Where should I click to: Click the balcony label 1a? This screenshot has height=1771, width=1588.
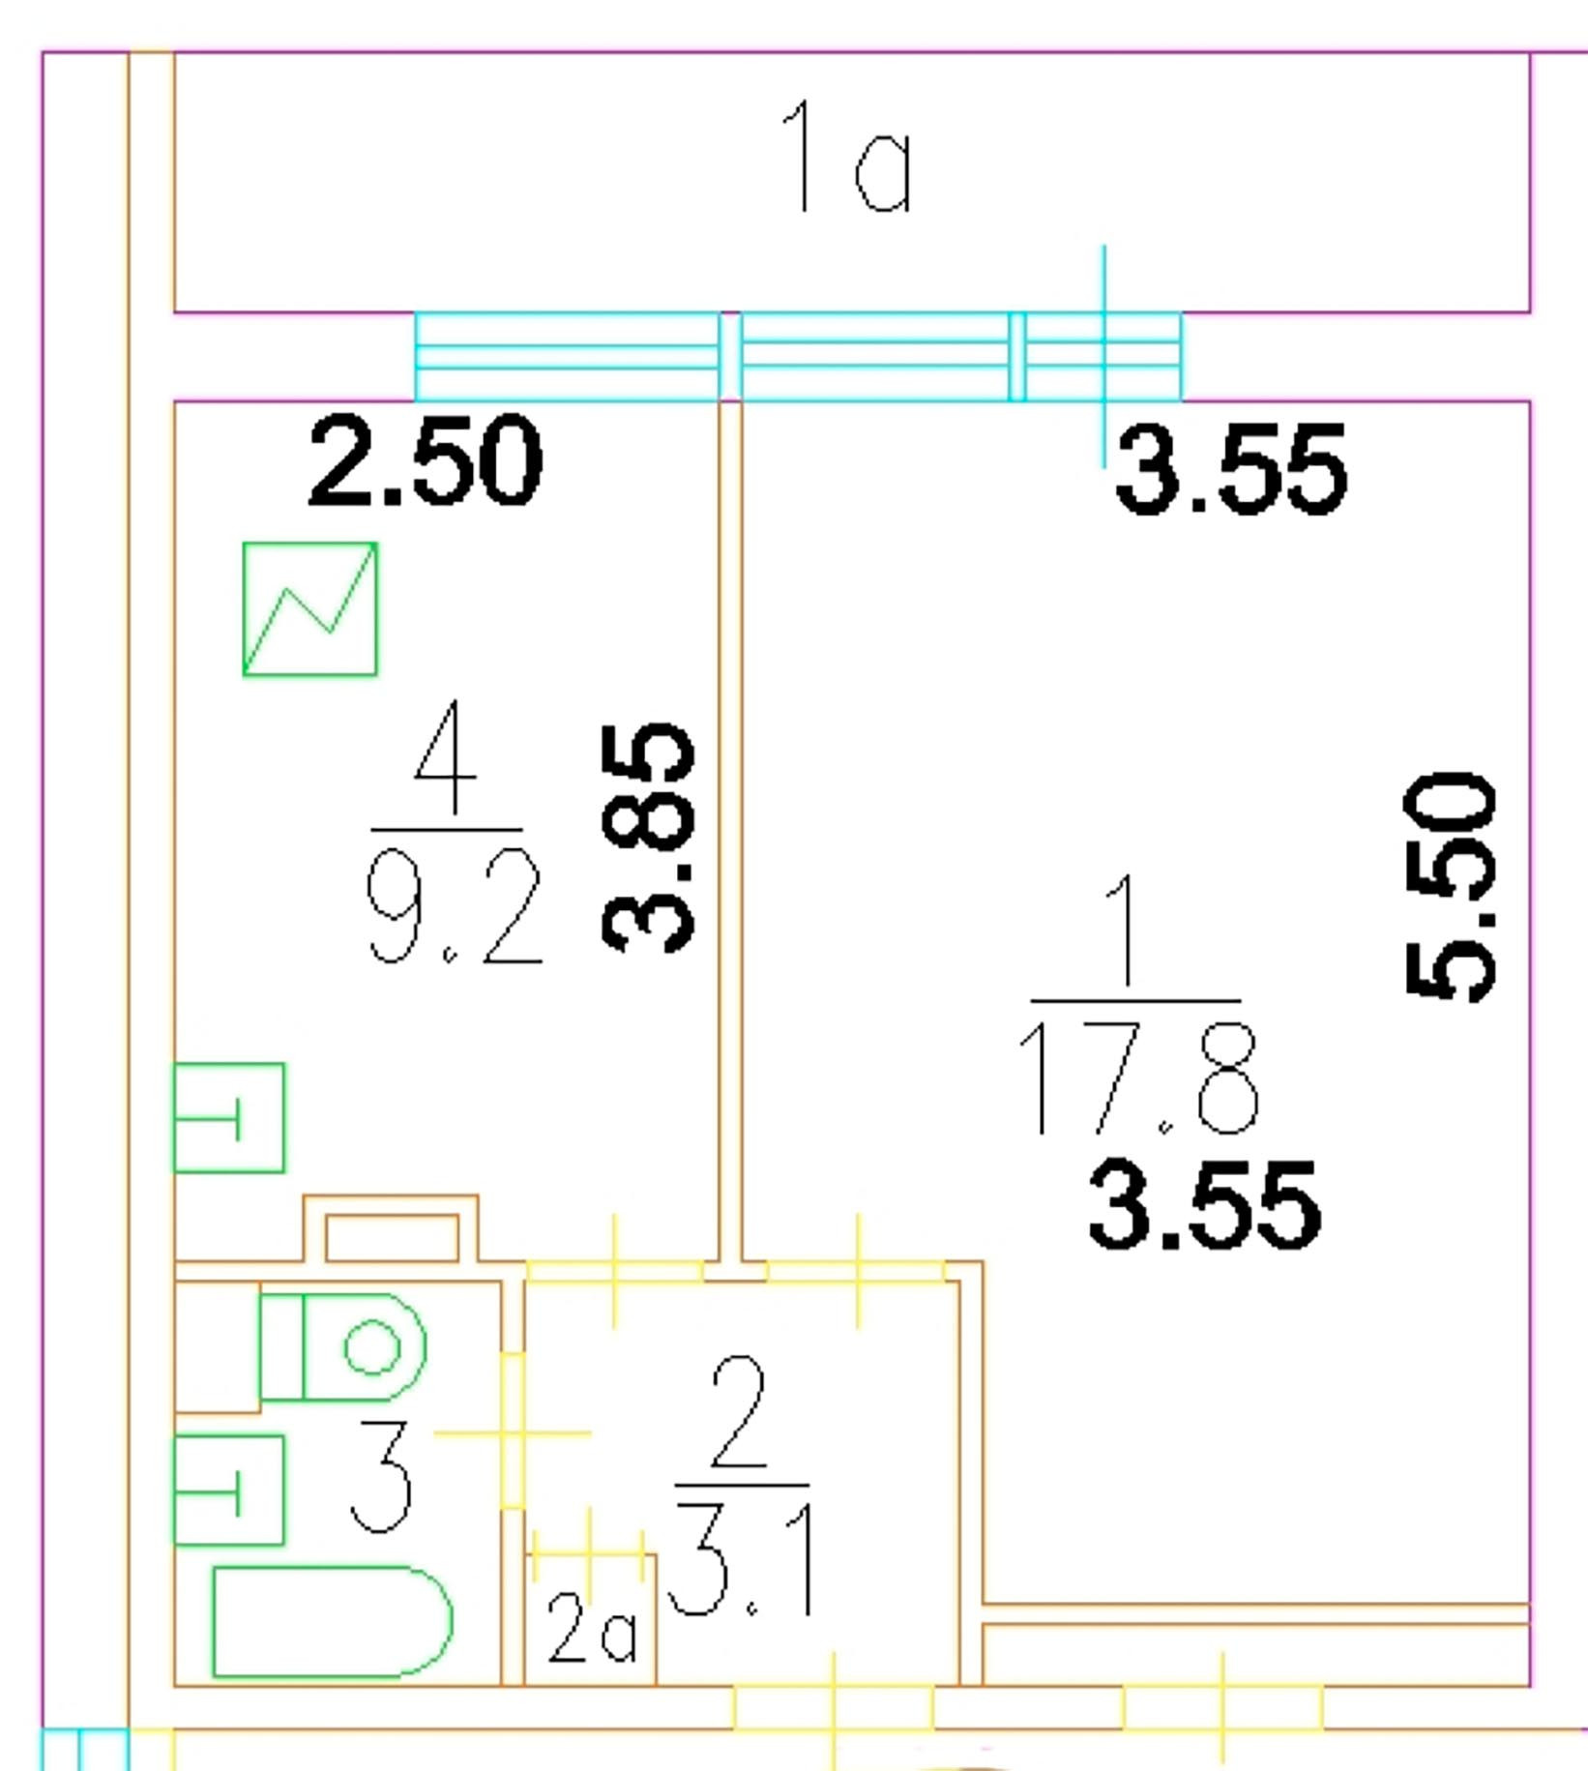(x=846, y=157)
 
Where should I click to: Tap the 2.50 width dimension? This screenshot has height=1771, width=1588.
(x=425, y=460)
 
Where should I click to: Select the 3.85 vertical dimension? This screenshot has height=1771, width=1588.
(x=647, y=838)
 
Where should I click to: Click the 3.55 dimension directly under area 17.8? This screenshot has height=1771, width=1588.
(x=1204, y=1205)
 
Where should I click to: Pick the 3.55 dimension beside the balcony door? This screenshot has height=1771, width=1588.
(x=1230, y=470)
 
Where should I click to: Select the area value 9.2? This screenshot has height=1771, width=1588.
(x=454, y=907)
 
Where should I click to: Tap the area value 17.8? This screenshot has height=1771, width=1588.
(x=1137, y=1077)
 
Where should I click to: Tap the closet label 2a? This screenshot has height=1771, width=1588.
(x=591, y=1627)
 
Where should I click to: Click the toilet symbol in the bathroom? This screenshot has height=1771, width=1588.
(x=343, y=1346)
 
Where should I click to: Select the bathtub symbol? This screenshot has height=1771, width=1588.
(x=331, y=1622)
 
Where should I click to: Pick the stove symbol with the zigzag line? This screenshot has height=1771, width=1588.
(x=309, y=609)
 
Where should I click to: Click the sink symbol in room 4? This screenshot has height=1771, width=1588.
(x=229, y=1118)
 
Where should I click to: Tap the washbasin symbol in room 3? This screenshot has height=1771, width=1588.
(x=229, y=1491)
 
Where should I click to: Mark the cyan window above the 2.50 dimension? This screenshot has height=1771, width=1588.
(x=567, y=356)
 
